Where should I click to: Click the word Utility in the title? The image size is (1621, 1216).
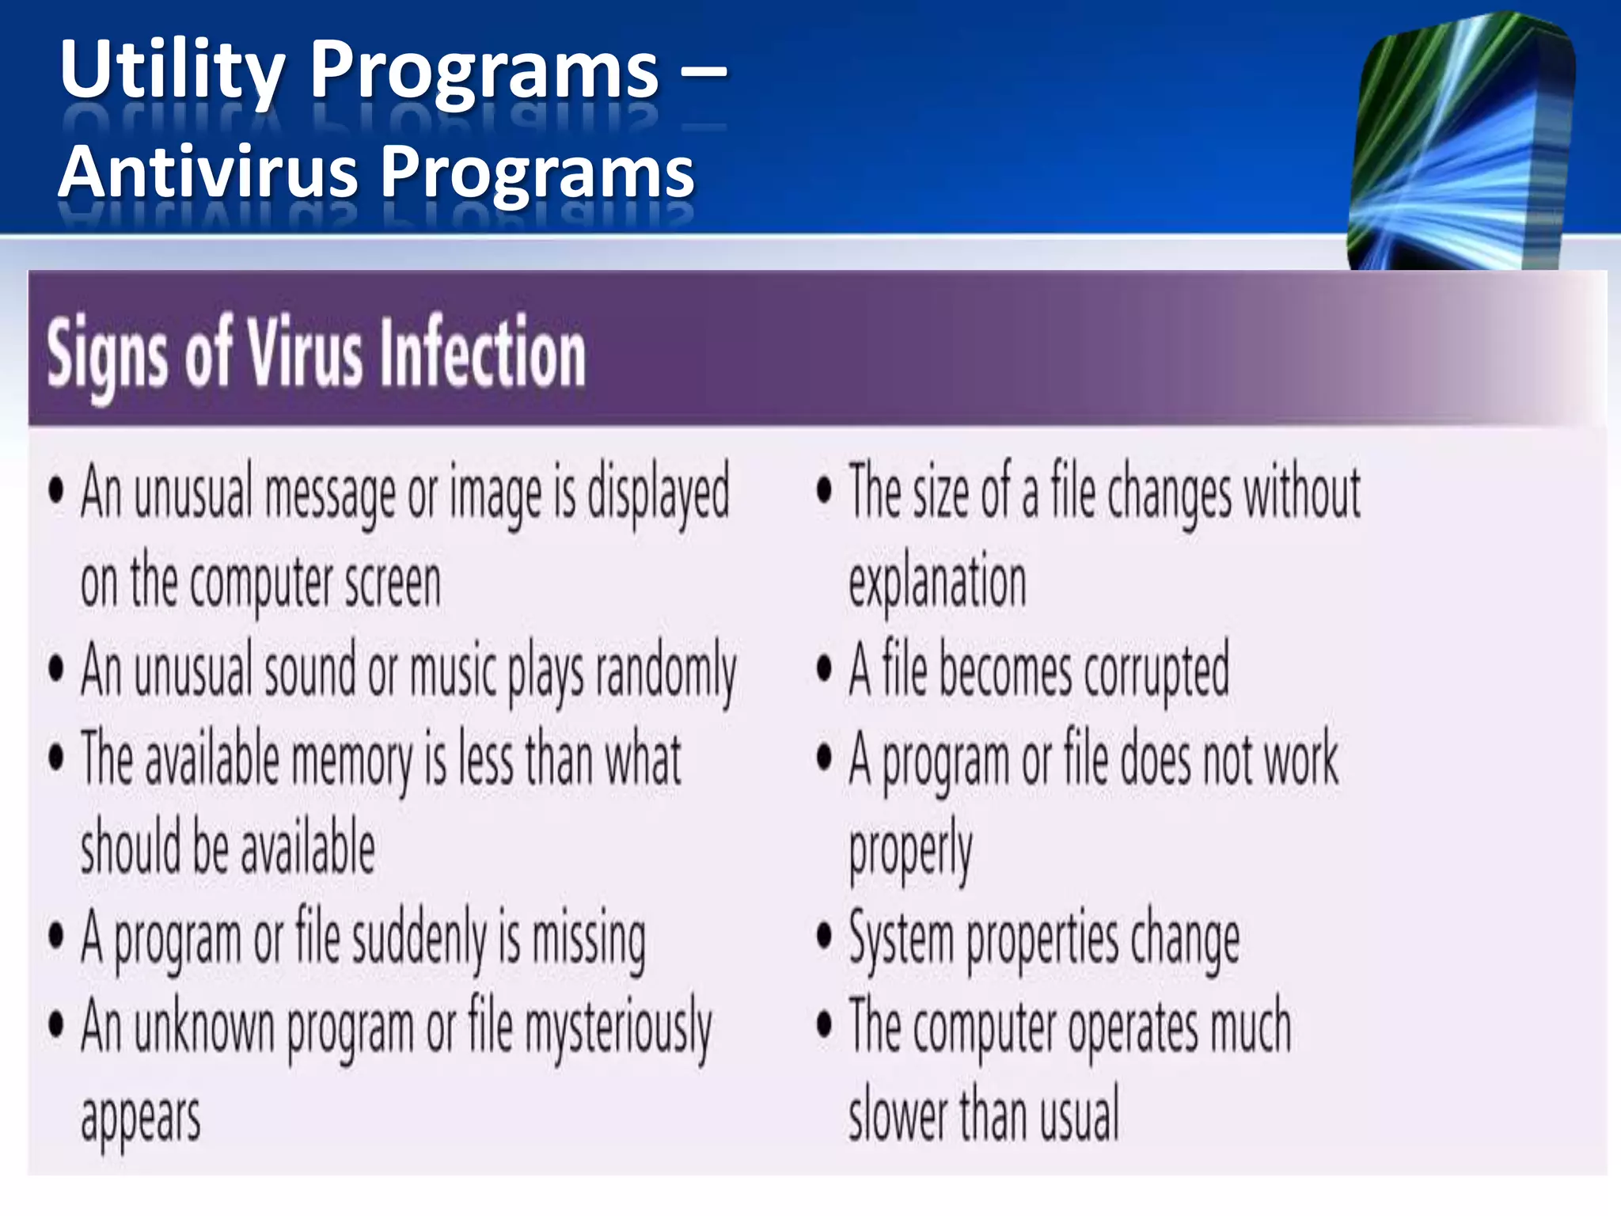171,71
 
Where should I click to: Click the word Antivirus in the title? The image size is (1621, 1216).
209,172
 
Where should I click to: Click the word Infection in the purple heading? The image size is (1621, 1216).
483,353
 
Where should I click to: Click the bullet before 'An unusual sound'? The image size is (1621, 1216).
56,669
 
